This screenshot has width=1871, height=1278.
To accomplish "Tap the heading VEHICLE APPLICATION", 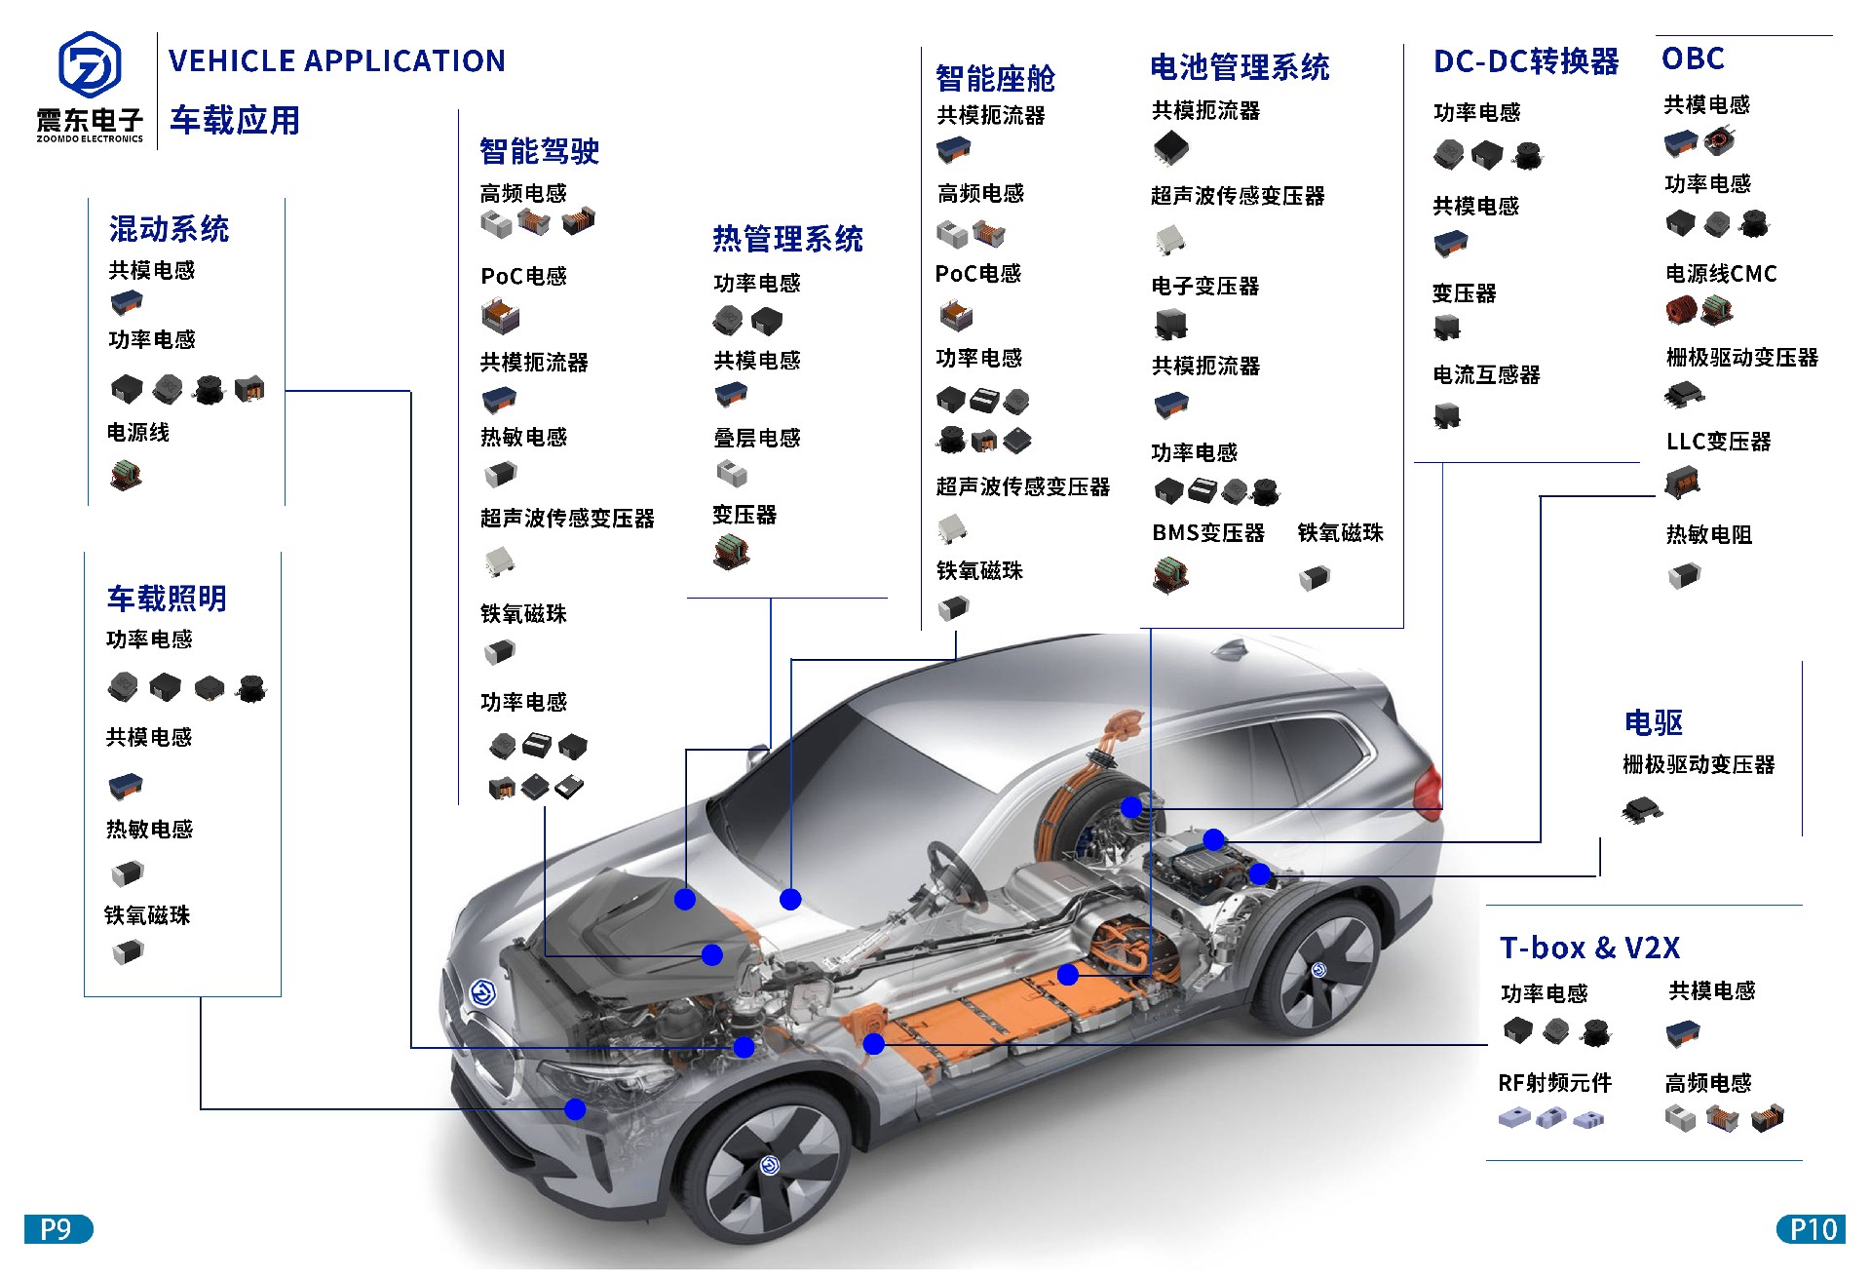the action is [337, 61].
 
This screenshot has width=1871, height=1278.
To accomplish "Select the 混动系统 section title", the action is [170, 229].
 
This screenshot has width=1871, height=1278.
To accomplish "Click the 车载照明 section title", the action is [167, 599].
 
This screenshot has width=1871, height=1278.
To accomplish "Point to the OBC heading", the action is [1694, 58].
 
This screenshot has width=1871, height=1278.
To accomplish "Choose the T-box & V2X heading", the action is [1590, 948].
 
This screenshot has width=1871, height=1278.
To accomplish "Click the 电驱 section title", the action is [1654, 722].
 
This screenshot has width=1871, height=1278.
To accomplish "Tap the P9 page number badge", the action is [58, 1229].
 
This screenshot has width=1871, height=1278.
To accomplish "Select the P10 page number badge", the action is [1811, 1229].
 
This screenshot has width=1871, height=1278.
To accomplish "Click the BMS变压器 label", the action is [1208, 533].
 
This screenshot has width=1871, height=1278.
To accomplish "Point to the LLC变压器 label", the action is [1719, 442].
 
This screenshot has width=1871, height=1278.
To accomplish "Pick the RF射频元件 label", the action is [1555, 1083].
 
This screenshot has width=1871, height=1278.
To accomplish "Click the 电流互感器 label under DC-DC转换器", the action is [1487, 374].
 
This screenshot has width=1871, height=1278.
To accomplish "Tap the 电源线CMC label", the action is [1722, 274].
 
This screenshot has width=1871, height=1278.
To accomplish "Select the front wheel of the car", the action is [771, 1164].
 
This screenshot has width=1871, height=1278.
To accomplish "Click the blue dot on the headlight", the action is [575, 1109].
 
